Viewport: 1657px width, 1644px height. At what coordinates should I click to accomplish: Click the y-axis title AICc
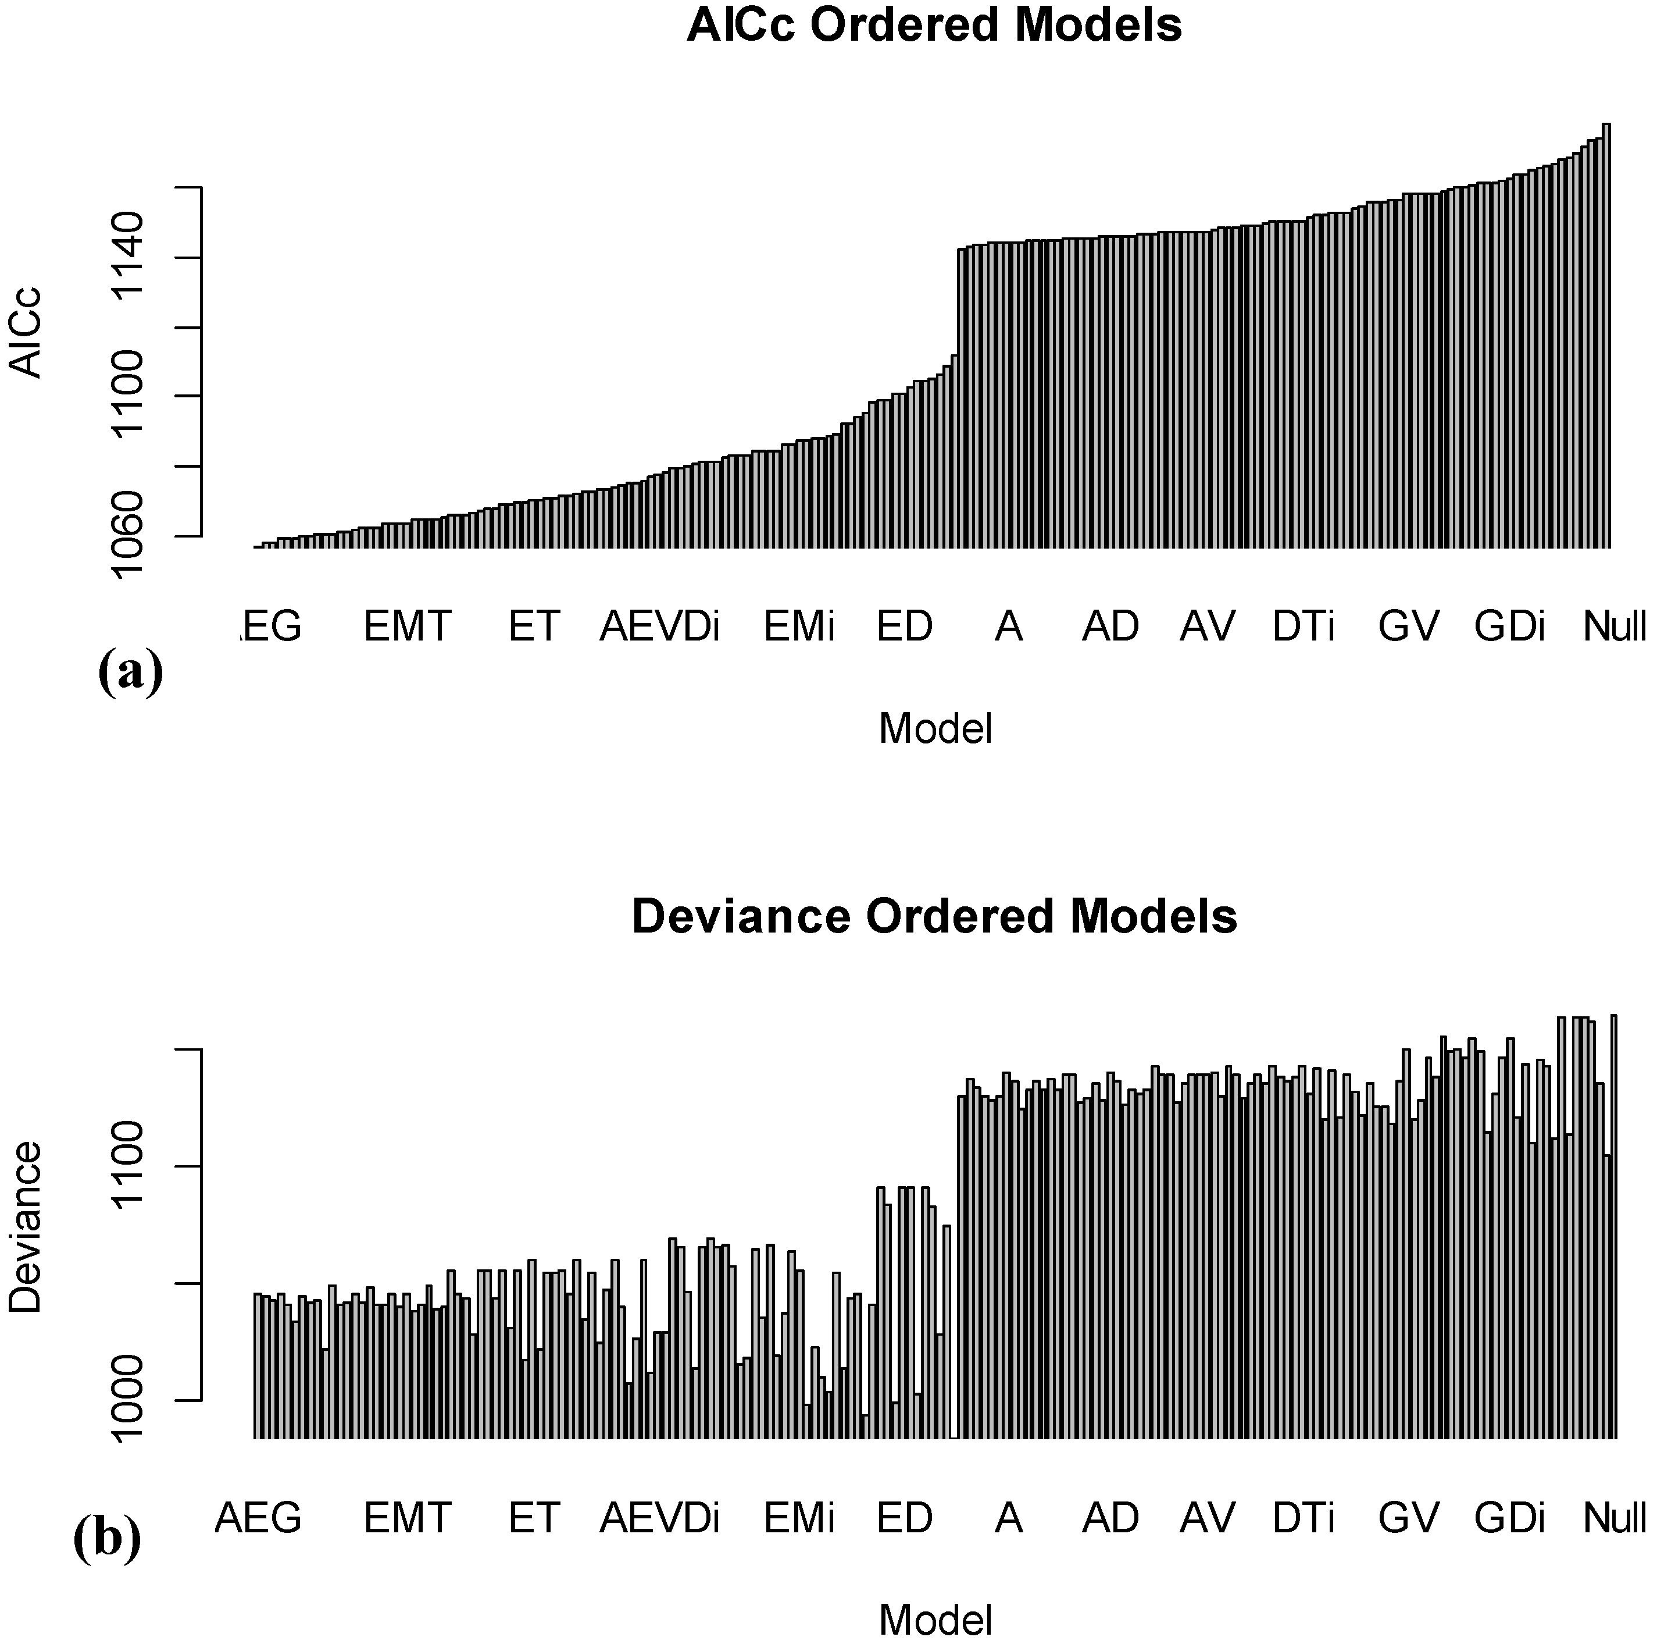click(26, 332)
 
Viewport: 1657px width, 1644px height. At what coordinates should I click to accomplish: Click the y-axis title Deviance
click(26, 1226)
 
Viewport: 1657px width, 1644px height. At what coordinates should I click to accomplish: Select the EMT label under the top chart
click(408, 627)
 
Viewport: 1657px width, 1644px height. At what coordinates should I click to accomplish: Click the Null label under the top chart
click(1613, 627)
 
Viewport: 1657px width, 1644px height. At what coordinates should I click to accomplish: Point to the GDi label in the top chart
click(1509, 627)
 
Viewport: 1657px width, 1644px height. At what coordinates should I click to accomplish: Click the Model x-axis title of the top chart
click(935, 730)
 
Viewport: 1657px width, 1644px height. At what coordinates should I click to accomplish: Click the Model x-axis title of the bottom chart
click(935, 1621)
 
